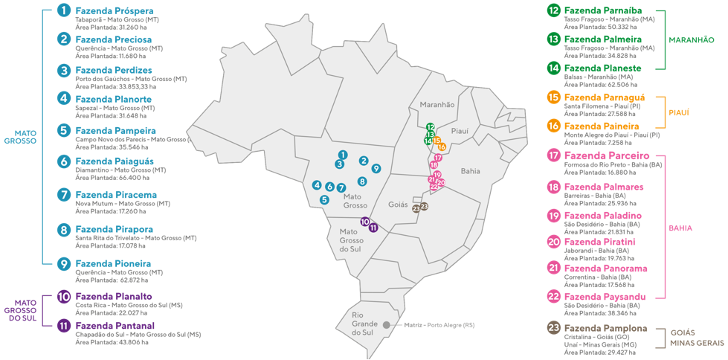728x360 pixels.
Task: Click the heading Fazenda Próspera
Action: tap(115, 11)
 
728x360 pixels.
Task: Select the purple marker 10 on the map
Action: tap(364, 222)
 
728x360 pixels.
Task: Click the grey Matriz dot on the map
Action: tap(387, 325)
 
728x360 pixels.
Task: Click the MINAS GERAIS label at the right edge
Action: tap(696, 343)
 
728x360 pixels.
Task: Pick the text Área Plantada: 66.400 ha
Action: tap(112, 178)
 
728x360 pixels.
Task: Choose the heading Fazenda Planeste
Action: tap(602, 68)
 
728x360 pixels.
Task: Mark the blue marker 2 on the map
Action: tap(364, 161)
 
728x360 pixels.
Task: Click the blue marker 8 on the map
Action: tap(362, 181)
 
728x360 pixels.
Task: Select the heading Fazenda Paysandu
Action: tap(605, 297)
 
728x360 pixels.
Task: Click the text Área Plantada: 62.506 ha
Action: tap(601, 85)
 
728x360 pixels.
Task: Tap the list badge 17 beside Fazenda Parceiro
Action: tap(553, 156)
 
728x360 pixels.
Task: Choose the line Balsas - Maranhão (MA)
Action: tap(599, 77)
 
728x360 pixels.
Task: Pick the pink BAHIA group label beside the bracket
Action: tap(680, 228)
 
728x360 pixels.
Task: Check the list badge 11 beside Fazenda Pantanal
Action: tap(64, 326)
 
